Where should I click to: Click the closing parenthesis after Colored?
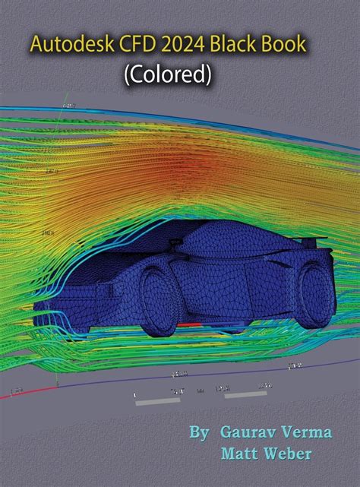pyautogui.click(x=209, y=74)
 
